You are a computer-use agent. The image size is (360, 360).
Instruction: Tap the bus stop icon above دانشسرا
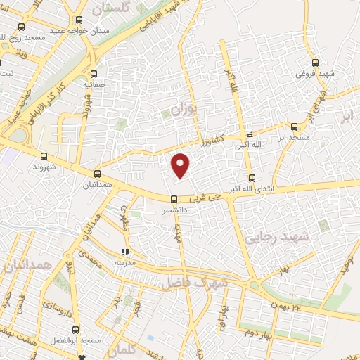tap(174, 199)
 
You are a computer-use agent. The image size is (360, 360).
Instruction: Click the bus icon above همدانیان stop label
tap(97, 174)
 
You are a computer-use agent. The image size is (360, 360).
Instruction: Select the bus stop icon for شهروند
tap(44, 156)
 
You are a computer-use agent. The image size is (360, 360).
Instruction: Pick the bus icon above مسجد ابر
tap(294, 128)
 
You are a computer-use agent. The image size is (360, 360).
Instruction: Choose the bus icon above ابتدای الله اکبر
tap(252, 178)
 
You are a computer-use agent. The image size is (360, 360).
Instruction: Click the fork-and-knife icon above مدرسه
tap(126, 252)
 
